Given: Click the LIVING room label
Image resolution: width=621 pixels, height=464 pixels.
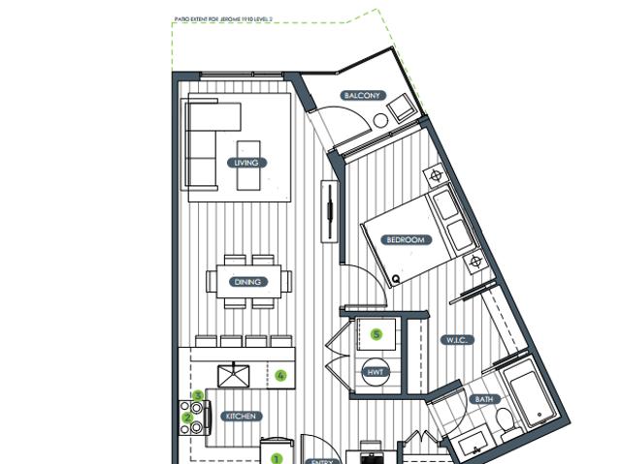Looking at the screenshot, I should tap(246, 163).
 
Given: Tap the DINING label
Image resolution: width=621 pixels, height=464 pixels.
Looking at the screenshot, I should tap(246, 282).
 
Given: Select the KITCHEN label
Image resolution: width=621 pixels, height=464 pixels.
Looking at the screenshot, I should tap(242, 416).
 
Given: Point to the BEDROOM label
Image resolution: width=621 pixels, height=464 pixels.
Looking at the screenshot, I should tap(406, 240).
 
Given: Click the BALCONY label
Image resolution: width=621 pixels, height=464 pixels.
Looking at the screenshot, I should tap(362, 96).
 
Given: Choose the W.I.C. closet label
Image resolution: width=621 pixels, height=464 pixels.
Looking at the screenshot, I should tap(458, 340).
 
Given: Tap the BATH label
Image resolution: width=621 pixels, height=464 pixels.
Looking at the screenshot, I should tap(483, 399).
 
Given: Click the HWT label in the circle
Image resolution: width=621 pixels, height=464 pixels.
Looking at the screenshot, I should tap(376, 372).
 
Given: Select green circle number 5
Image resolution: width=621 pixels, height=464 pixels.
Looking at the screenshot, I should tap(377, 335).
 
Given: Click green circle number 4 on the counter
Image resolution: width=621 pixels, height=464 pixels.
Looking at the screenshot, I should tap(280, 375).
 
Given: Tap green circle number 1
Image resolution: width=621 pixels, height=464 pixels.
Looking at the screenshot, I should tap(276, 459).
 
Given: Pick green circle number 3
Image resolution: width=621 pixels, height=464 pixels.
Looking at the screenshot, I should tap(198, 395).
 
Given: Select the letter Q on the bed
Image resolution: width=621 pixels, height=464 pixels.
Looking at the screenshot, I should tap(397, 280).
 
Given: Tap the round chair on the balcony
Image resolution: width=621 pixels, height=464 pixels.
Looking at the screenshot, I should tap(380, 119).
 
